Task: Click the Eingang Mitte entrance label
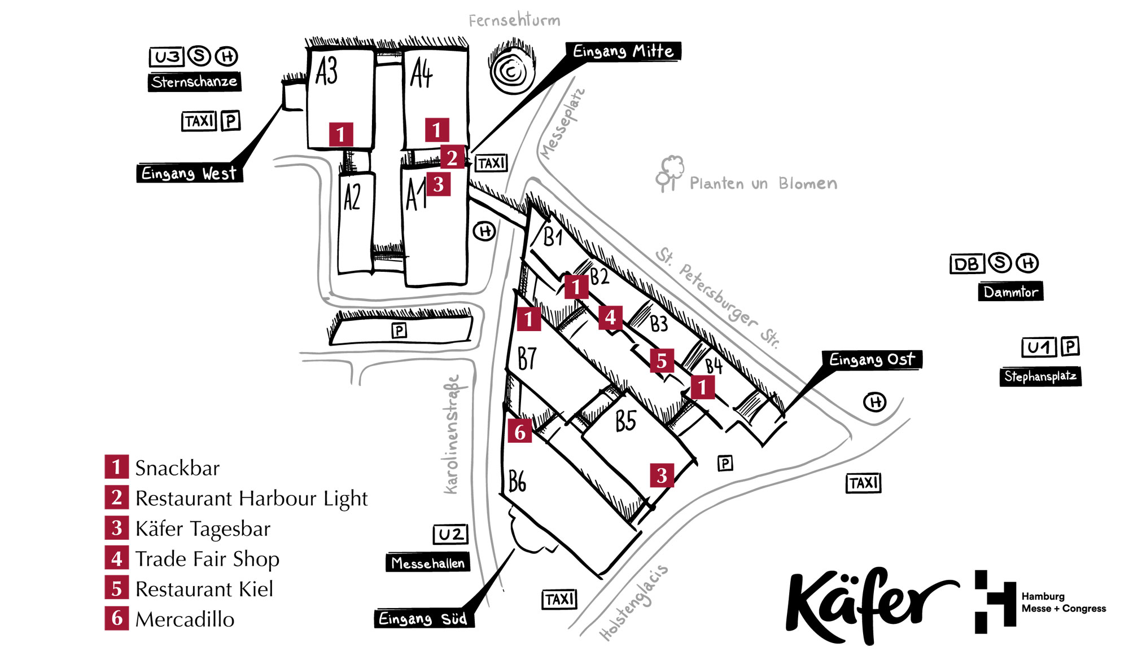(x=623, y=51)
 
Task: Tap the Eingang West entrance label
(x=189, y=173)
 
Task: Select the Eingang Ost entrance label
(x=872, y=359)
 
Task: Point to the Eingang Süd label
(x=423, y=619)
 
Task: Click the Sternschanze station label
(x=194, y=82)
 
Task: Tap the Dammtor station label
(x=1010, y=292)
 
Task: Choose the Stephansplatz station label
(x=1040, y=376)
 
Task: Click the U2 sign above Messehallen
(x=450, y=534)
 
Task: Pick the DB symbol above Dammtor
(x=967, y=263)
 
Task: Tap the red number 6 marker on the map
(x=519, y=431)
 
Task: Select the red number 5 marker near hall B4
(x=662, y=360)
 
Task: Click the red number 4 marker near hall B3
(x=610, y=318)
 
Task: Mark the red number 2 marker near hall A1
(x=452, y=157)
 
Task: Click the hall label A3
(x=326, y=72)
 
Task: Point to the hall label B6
(x=517, y=481)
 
